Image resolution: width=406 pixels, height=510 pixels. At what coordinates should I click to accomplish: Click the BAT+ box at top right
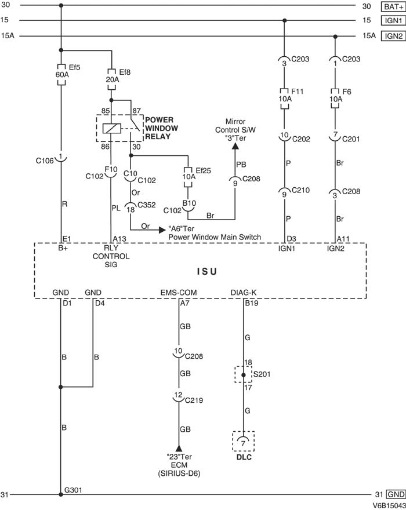point(391,7)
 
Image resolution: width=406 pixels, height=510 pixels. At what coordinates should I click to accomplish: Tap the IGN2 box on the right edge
point(391,36)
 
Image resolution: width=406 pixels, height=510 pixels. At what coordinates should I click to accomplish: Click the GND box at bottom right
point(393,494)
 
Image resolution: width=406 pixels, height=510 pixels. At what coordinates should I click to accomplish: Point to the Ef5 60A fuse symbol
point(60,74)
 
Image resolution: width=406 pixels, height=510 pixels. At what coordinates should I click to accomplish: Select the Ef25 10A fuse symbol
point(188,176)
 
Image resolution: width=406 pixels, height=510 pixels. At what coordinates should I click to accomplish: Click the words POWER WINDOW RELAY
point(161,128)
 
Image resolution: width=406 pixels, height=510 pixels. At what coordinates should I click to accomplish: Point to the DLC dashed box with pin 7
point(244,442)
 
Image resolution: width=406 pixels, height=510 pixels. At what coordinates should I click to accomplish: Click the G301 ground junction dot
point(61,494)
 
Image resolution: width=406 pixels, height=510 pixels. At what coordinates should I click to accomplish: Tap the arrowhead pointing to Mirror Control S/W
point(234,147)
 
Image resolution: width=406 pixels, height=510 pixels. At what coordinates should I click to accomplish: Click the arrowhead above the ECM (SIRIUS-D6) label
point(179,449)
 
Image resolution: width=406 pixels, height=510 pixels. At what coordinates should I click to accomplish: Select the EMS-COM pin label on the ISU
point(178,293)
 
